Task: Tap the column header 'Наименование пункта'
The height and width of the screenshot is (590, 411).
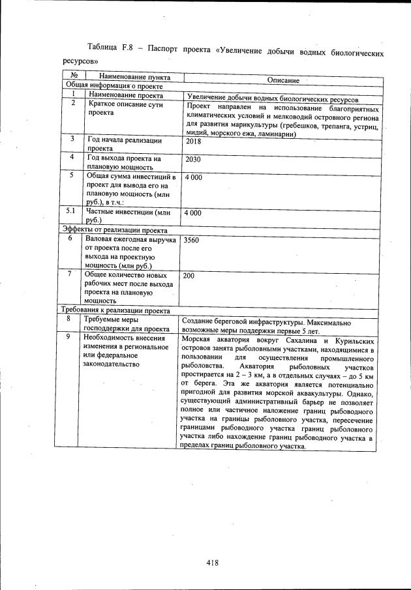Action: tap(130, 77)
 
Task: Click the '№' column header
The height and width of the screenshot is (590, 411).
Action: tap(74, 76)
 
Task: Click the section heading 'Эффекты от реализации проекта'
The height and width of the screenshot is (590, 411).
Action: tap(114, 229)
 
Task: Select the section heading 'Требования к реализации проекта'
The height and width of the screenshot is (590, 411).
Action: tap(115, 310)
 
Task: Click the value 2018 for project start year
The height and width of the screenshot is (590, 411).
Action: tap(193, 141)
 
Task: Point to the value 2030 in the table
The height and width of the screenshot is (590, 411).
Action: tap(193, 159)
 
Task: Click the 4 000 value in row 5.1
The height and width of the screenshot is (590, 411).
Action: tap(193, 213)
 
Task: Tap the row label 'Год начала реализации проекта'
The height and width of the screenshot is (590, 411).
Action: tap(124, 144)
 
